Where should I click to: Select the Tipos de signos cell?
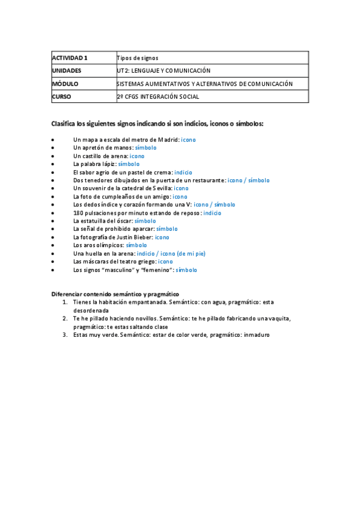(x=138, y=58)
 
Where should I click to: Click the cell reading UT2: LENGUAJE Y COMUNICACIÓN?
(x=164, y=71)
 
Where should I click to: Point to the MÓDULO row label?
(x=66, y=84)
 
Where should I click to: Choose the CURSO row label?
(x=63, y=96)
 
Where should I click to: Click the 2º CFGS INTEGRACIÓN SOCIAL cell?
(x=158, y=96)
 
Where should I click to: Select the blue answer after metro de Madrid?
(x=188, y=140)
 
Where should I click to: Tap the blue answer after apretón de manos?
(x=146, y=147)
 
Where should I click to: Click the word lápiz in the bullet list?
(x=109, y=164)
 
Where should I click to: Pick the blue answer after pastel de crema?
(x=183, y=172)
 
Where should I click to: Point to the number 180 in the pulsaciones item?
(x=78, y=213)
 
